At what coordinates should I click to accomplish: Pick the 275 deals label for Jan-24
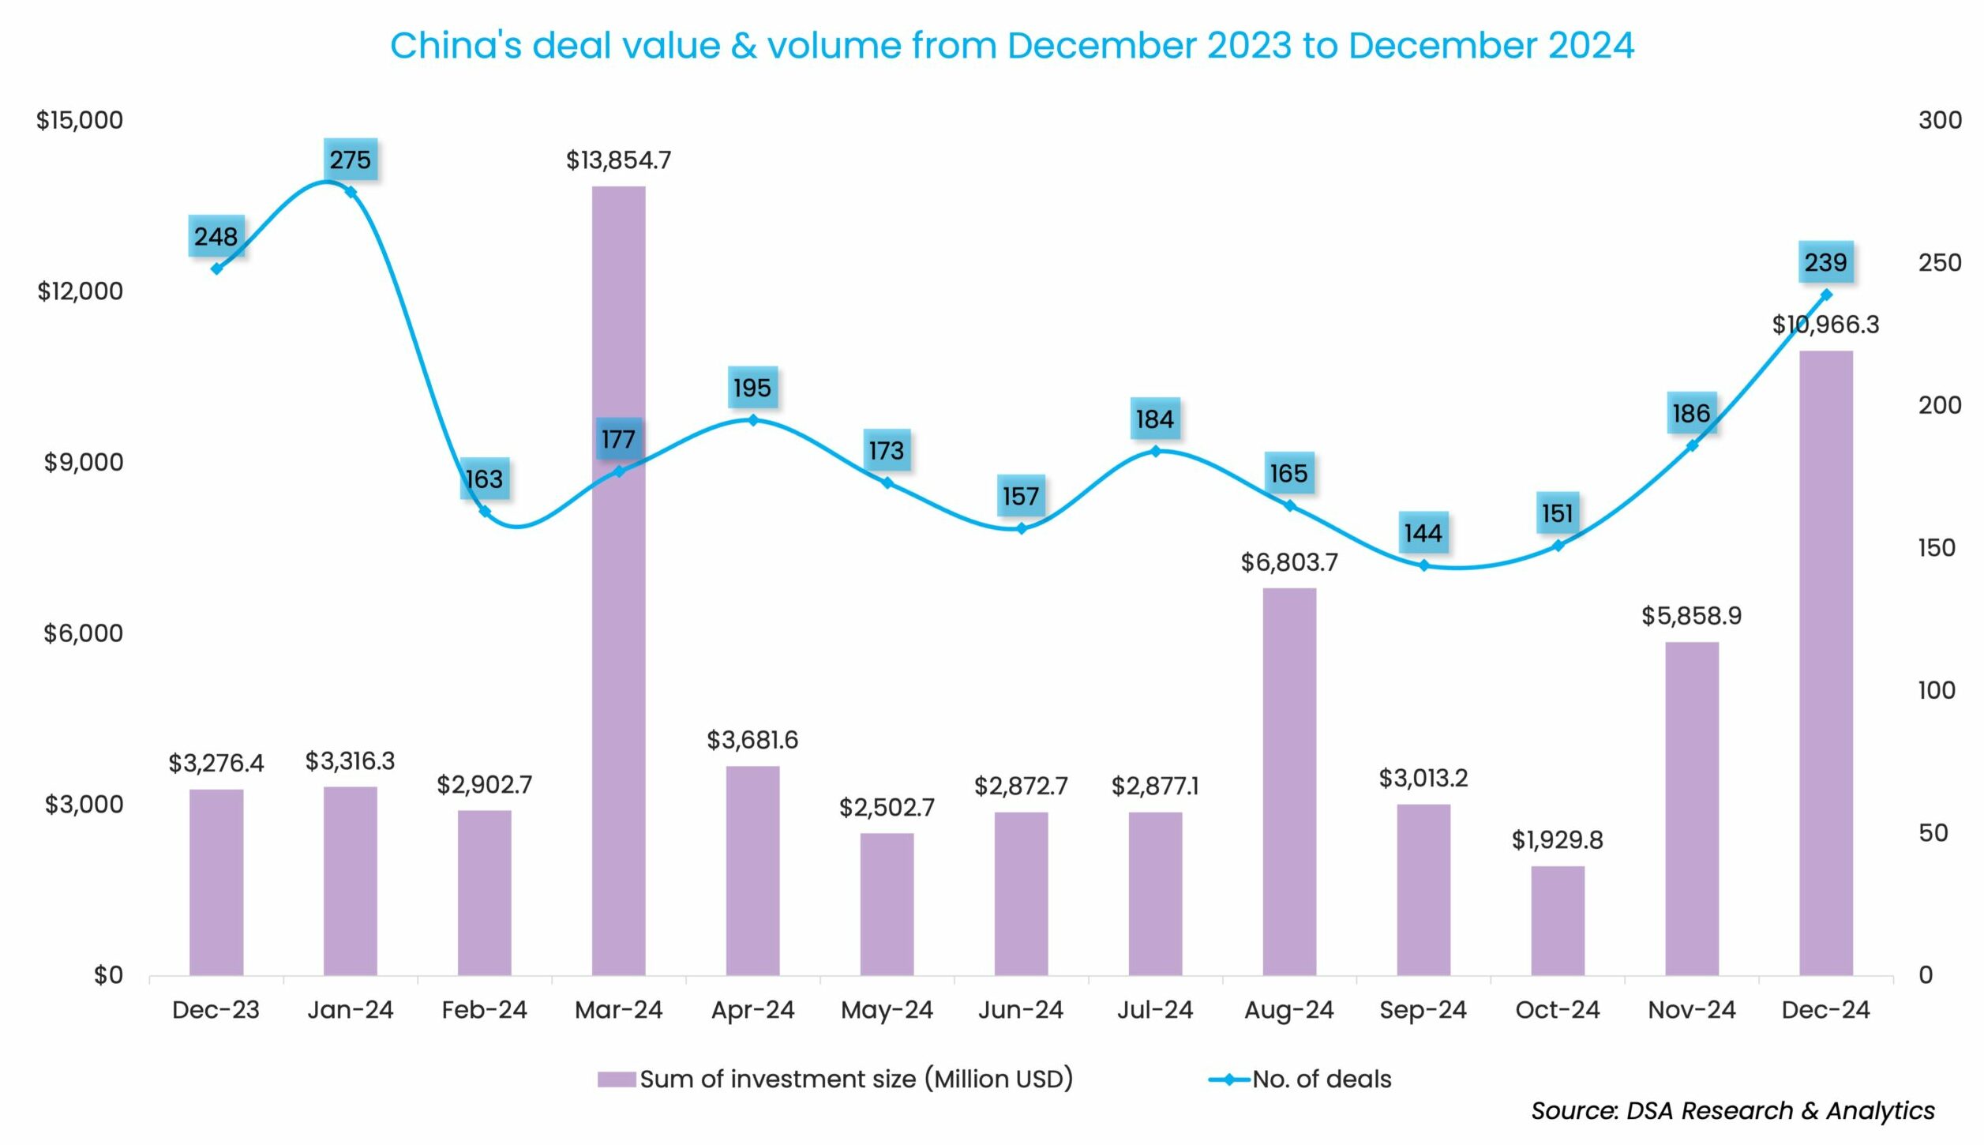(350, 160)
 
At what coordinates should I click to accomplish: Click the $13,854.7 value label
(618, 160)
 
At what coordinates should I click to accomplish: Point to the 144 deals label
(1423, 533)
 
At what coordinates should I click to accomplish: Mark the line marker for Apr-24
(752, 420)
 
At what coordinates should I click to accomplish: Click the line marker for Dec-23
(216, 268)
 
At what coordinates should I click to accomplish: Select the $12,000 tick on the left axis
(80, 291)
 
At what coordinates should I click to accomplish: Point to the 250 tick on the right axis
(1939, 262)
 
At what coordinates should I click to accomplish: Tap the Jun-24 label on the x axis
(1020, 1009)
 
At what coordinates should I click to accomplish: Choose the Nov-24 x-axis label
(1691, 1009)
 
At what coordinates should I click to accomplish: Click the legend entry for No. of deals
(1321, 1079)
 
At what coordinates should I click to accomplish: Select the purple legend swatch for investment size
(616, 1079)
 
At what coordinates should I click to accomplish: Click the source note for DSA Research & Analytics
(1732, 1110)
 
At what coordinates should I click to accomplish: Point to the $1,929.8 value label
(1557, 839)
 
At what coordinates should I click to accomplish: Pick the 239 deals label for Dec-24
(1825, 262)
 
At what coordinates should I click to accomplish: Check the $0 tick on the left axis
(108, 975)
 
